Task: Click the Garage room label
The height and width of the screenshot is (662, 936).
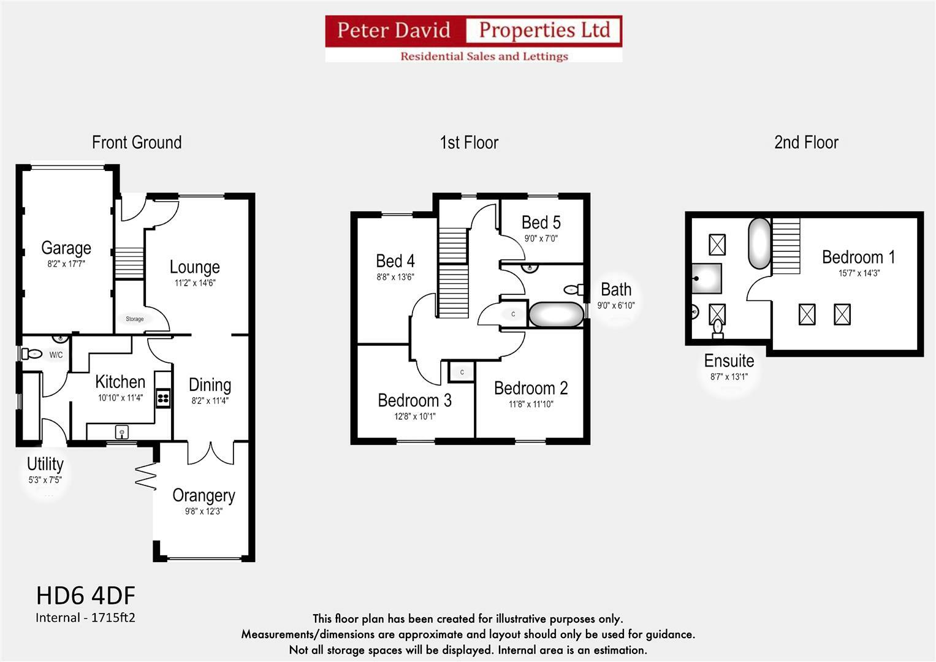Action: pyautogui.click(x=66, y=248)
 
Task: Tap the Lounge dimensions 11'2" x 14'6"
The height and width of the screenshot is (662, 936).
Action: pyautogui.click(x=195, y=283)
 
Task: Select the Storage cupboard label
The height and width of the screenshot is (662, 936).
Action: pyautogui.click(x=135, y=319)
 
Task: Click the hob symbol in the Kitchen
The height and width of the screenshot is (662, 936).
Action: pyautogui.click(x=163, y=399)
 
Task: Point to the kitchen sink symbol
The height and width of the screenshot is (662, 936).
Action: pyautogui.click(x=122, y=433)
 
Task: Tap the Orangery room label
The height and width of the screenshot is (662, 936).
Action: pyautogui.click(x=204, y=495)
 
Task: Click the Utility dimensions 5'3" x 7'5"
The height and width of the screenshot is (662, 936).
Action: pyautogui.click(x=45, y=480)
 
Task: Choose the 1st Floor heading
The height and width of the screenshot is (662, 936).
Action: pyautogui.click(x=469, y=143)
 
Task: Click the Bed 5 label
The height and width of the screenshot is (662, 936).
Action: pyautogui.click(x=541, y=222)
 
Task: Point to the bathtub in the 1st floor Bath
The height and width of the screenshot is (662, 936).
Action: pyautogui.click(x=556, y=314)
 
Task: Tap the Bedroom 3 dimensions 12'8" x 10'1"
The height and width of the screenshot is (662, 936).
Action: pyautogui.click(x=415, y=417)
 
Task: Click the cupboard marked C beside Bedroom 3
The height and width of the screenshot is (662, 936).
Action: pyautogui.click(x=462, y=372)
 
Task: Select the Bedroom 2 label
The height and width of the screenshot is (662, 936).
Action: pyautogui.click(x=531, y=388)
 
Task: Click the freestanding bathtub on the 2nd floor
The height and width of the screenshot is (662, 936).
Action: pyautogui.click(x=759, y=243)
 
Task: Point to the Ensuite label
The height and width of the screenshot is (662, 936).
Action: pyautogui.click(x=729, y=360)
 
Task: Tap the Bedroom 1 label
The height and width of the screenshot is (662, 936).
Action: pyautogui.click(x=858, y=257)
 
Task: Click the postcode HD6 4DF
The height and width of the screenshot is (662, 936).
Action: pyautogui.click(x=86, y=596)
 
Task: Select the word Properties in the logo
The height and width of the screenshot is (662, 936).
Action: pyautogui.click(x=544, y=30)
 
